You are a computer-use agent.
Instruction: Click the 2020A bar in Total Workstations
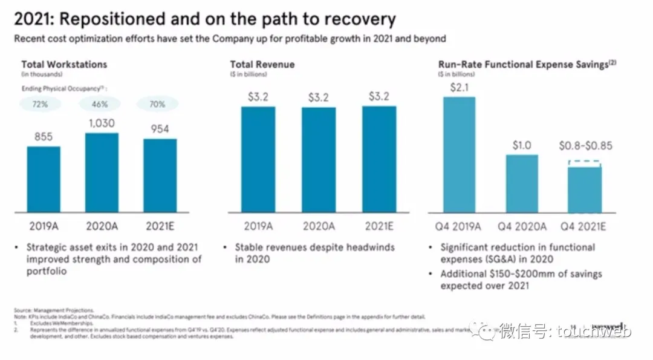102,172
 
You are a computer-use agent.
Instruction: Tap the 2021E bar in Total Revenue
379,159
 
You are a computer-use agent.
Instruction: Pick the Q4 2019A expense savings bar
459,154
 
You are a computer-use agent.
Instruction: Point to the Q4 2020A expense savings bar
522,183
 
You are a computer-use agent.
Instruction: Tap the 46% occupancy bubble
100,105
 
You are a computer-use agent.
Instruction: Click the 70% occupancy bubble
158,105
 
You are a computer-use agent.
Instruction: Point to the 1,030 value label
102,123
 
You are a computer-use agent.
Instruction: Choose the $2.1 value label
459,88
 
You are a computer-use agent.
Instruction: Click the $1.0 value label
522,145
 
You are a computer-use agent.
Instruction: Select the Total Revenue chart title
262,64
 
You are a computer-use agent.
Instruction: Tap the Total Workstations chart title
64,64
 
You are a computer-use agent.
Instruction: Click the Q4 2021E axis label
583,227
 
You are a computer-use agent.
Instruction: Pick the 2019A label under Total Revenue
259,226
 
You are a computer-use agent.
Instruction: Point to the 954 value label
159,129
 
